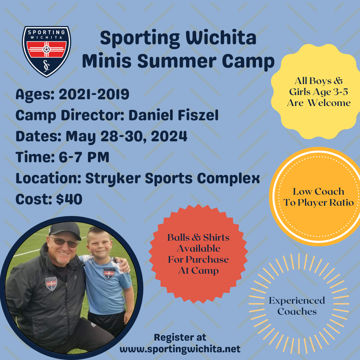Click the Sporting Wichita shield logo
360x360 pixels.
tap(46, 51)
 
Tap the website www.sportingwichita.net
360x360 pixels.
tap(180, 349)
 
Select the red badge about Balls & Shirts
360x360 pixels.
tap(198, 254)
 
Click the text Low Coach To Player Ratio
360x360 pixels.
tap(318, 197)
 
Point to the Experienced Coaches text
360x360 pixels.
tap(297, 306)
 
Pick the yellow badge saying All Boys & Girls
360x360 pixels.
tap(315, 92)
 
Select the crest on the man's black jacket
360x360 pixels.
tap(51, 284)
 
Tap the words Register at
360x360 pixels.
tap(180, 338)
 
